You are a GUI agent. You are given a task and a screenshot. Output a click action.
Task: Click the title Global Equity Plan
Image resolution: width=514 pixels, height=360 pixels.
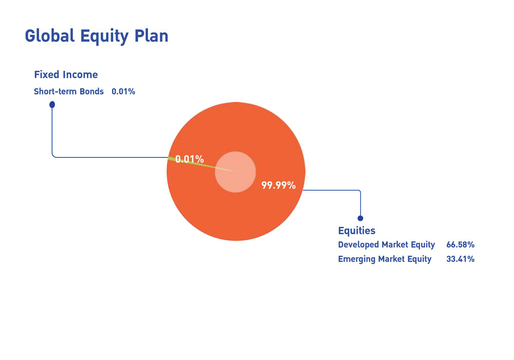[97, 35]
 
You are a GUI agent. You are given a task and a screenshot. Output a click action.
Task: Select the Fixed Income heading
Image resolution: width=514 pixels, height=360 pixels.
[66, 75]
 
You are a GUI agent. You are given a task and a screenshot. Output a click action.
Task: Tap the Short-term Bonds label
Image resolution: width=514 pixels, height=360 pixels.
[69, 91]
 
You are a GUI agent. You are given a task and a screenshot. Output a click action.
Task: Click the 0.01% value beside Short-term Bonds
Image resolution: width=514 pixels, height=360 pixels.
[123, 91]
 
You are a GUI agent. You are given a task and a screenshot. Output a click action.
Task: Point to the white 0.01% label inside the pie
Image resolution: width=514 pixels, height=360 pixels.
[190, 159]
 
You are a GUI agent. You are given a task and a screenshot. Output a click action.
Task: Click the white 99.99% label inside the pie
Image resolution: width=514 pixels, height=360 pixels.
[278, 185]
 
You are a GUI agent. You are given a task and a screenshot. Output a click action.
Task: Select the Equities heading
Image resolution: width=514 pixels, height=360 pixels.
[357, 230]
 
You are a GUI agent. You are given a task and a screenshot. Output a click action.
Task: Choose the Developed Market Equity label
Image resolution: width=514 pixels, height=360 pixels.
[387, 245]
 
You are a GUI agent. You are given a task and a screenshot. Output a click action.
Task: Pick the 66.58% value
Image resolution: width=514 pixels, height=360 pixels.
[460, 245]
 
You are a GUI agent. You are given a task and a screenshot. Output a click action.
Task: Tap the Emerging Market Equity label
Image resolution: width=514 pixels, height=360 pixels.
[385, 259]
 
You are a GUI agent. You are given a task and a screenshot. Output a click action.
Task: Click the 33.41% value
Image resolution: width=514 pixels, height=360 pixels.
[460, 259]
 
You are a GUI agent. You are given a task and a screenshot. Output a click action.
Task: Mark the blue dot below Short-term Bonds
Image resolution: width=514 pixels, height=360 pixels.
[52, 104]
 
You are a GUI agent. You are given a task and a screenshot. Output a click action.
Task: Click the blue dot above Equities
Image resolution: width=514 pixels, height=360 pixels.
[360, 219]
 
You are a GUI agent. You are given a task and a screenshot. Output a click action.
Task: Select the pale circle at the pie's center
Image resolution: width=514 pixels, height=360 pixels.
[235, 172]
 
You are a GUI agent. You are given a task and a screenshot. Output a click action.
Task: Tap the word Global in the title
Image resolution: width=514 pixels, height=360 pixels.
[50, 35]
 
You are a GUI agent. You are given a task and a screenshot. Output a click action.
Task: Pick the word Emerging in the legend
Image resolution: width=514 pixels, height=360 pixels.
[357, 259]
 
